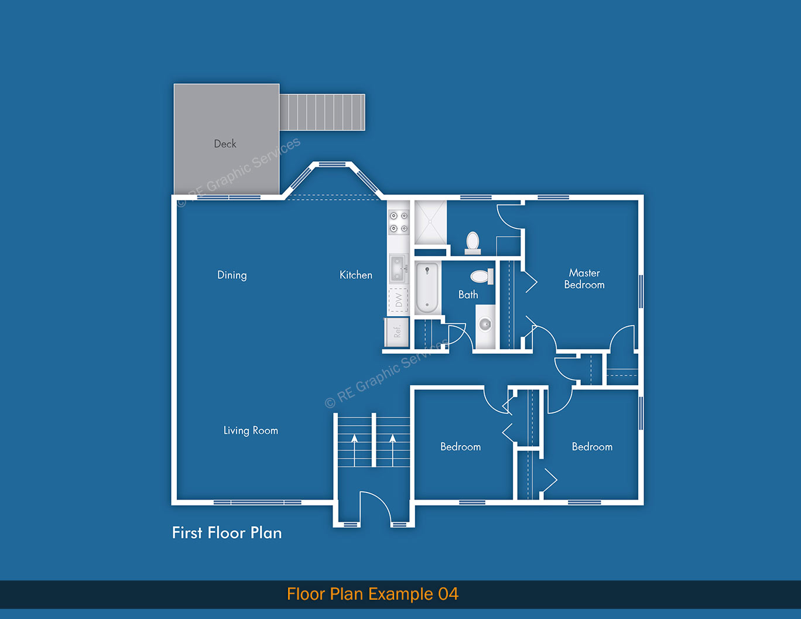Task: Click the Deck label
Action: pos(225,144)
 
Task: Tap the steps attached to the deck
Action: pos(322,112)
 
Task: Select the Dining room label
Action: pos(232,275)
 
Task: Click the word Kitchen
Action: pos(355,275)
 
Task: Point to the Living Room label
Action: pos(251,430)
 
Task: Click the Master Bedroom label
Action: pos(584,279)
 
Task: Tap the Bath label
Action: pos(468,295)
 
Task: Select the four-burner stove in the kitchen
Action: pos(399,222)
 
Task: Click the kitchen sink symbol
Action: pos(398,267)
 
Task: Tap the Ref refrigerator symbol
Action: pos(396,332)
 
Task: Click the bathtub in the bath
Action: pos(427,288)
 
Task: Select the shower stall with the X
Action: pos(430,223)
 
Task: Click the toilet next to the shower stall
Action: pos(473,242)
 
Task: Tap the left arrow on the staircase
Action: pos(354,448)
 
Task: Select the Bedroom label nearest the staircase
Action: pos(460,447)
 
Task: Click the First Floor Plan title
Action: pos(227,533)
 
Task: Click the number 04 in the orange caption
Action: pos(448,594)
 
